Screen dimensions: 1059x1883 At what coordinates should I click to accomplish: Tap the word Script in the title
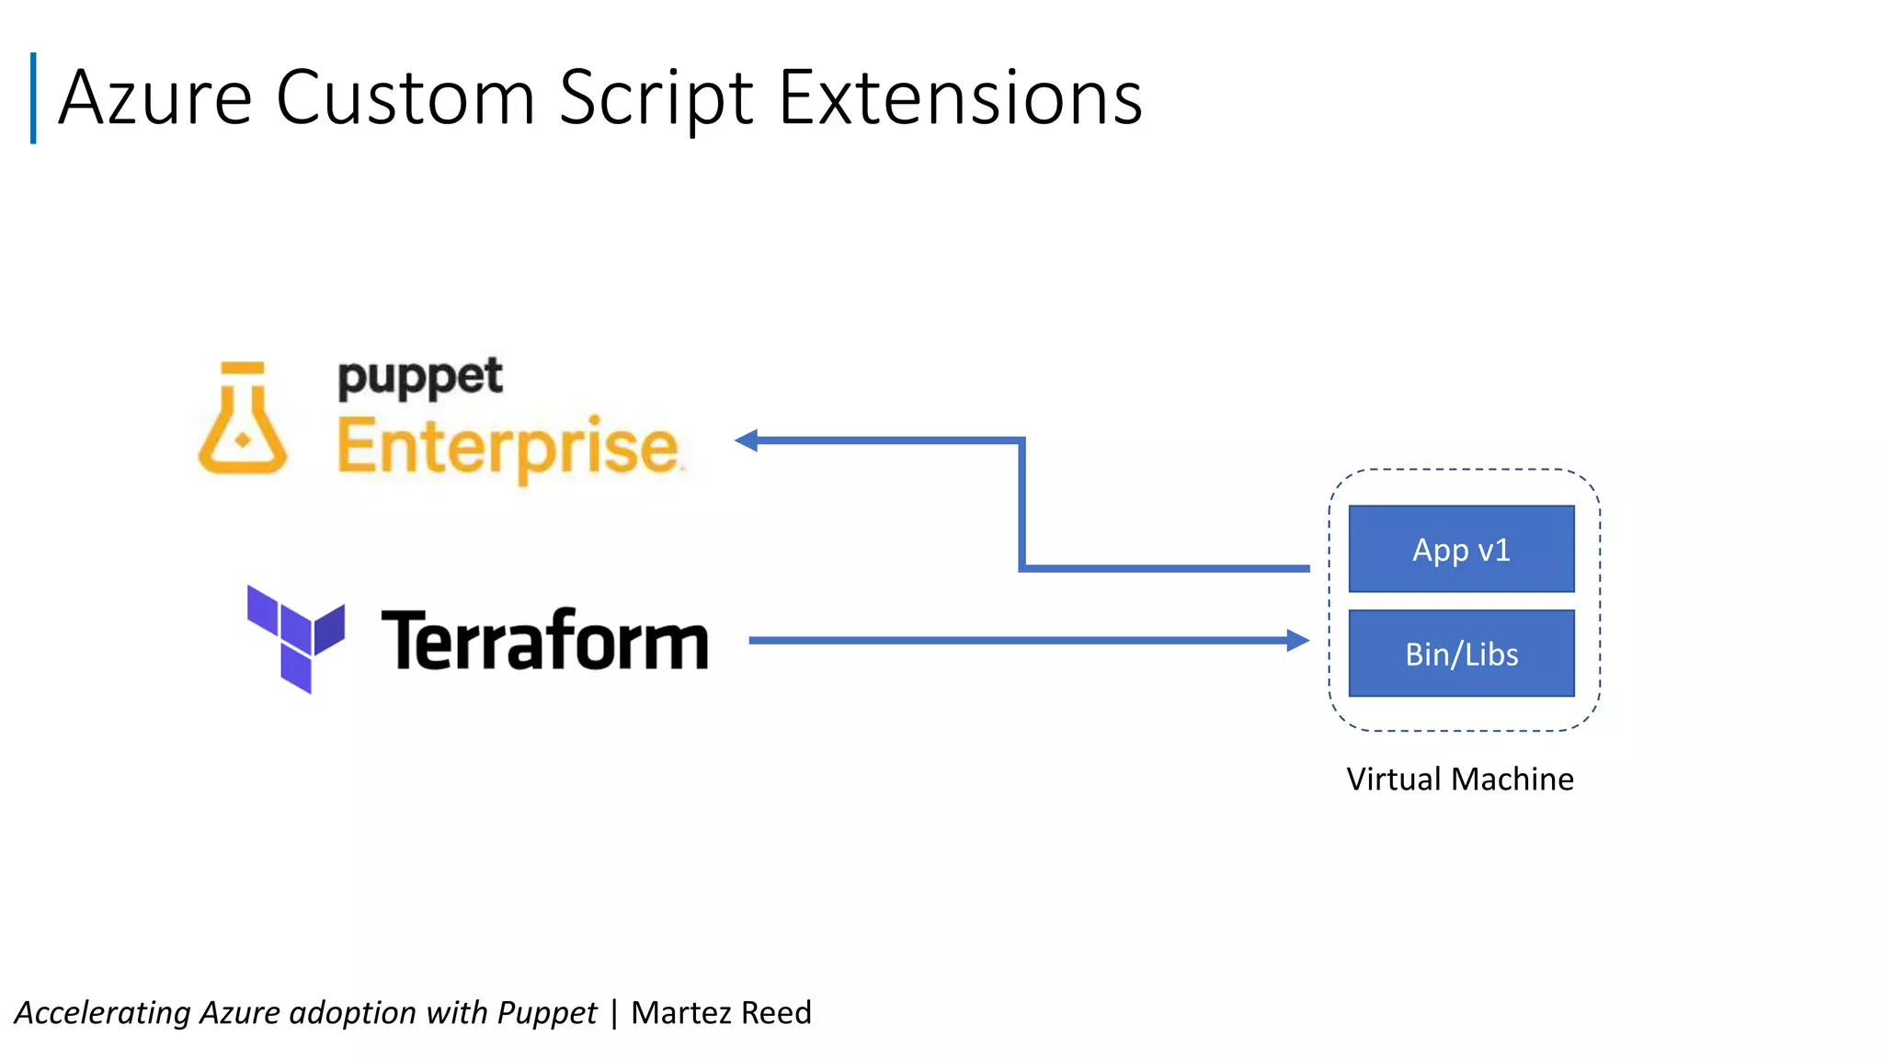click(656, 99)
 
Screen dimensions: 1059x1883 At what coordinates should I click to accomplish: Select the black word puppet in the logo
click(420, 378)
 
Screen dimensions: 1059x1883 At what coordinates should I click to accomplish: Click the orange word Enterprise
click(508, 448)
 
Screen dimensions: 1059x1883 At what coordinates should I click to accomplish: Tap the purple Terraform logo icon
click(296, 638)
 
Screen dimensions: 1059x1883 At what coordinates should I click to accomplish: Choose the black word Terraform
click(544, 640)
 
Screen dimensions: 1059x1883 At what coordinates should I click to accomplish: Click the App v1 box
click(1461, 549)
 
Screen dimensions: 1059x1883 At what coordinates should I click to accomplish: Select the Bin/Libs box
click(1461, 654)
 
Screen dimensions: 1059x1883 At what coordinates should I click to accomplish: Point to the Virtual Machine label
click(1460, 780)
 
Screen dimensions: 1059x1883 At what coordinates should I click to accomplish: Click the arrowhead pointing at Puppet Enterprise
click(747, 440)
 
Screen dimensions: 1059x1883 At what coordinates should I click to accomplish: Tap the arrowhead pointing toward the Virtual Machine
click(1297, 640)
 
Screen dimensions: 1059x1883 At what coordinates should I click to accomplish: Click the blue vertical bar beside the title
click(33, 97)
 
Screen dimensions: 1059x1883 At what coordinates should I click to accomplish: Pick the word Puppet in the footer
click(547, 1013)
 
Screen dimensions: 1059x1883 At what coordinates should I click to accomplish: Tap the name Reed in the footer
click(776, 1013)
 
